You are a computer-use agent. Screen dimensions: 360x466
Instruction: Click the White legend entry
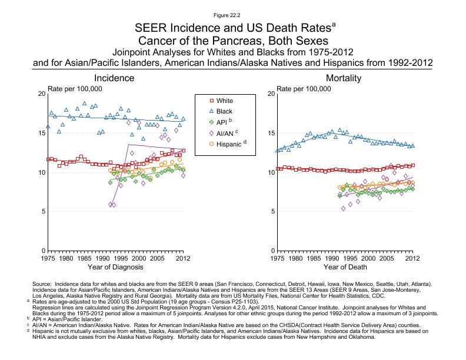225,101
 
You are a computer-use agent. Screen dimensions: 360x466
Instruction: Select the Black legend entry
224,111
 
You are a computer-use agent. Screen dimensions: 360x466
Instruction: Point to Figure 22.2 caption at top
233,14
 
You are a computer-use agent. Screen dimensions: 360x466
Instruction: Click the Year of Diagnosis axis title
115,268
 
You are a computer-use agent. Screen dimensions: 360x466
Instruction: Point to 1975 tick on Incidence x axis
48,258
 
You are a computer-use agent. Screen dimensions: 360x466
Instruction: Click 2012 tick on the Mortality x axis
413,258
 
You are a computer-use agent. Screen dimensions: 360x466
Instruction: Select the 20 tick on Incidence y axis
41,94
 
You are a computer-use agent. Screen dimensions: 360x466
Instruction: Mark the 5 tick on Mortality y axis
271,212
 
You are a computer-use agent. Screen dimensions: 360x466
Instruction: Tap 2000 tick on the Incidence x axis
139,258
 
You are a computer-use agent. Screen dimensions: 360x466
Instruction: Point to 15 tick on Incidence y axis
41,134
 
